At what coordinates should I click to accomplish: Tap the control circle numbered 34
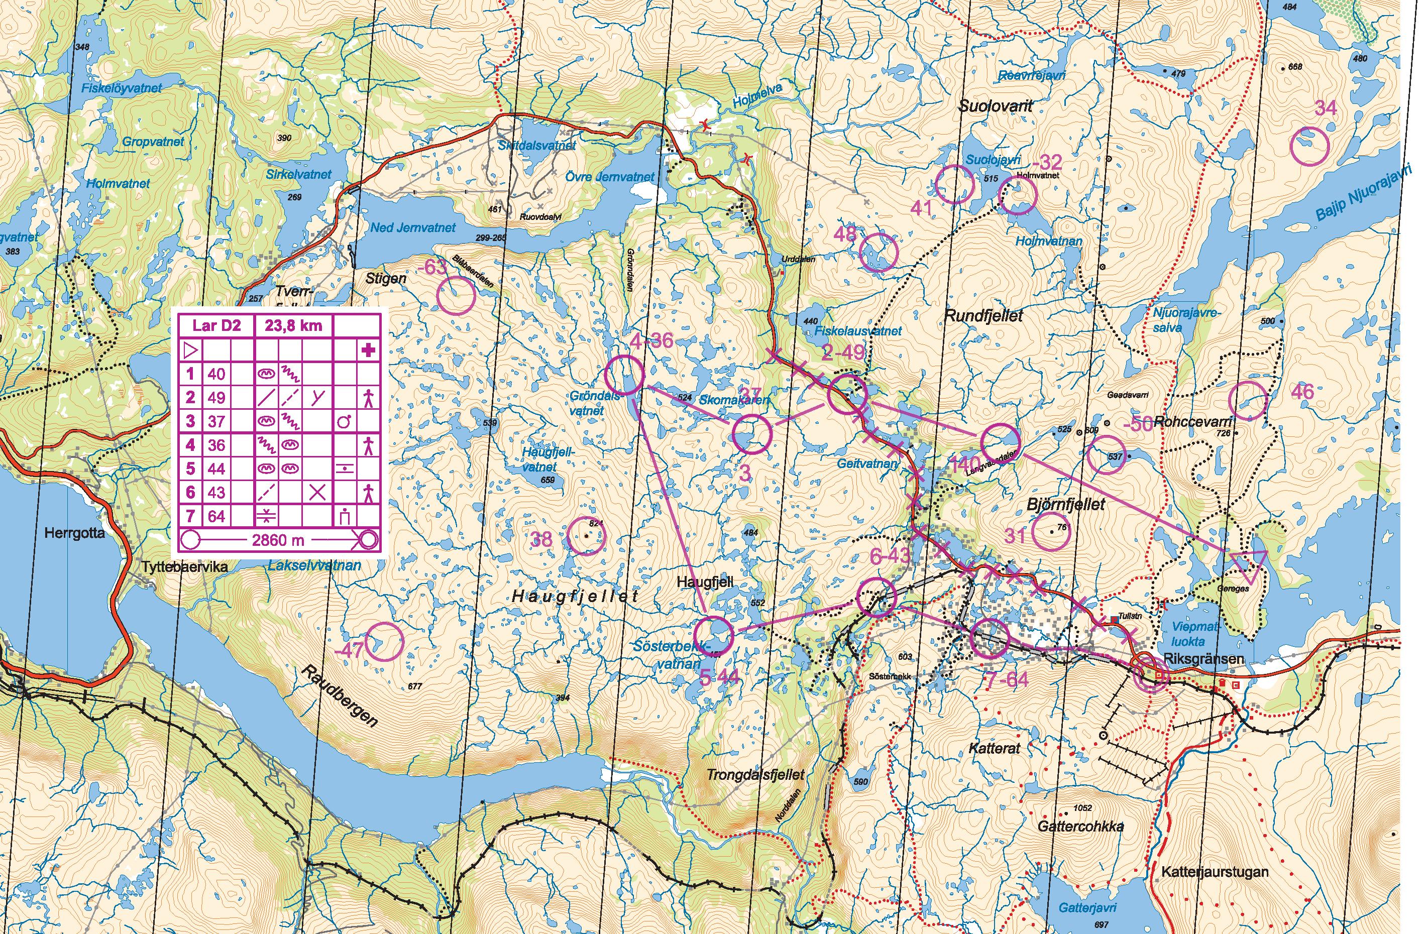(x=1310, y=146)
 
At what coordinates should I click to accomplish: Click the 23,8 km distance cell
(x=293, y=326)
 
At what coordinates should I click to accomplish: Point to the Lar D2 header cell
(x=216, y=326)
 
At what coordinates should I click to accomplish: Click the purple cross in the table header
(x=368, y=350)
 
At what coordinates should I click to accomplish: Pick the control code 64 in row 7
(x=216, y=516)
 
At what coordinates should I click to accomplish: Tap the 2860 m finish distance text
(x=278, y=540)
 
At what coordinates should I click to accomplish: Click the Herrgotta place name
(x=74, y=533)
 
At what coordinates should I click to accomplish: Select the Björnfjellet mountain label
(x=1065, y=504)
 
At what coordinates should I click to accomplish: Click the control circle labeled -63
(x=456, y=295)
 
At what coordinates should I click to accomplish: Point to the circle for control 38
(x=586, y=536)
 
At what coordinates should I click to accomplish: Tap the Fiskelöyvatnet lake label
(x=122, y=88)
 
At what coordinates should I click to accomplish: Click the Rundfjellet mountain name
(x=983, y=315)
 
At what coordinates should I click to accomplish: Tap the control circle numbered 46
(x=1248, y=400)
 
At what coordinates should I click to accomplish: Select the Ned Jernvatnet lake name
(x=412, y=227)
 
